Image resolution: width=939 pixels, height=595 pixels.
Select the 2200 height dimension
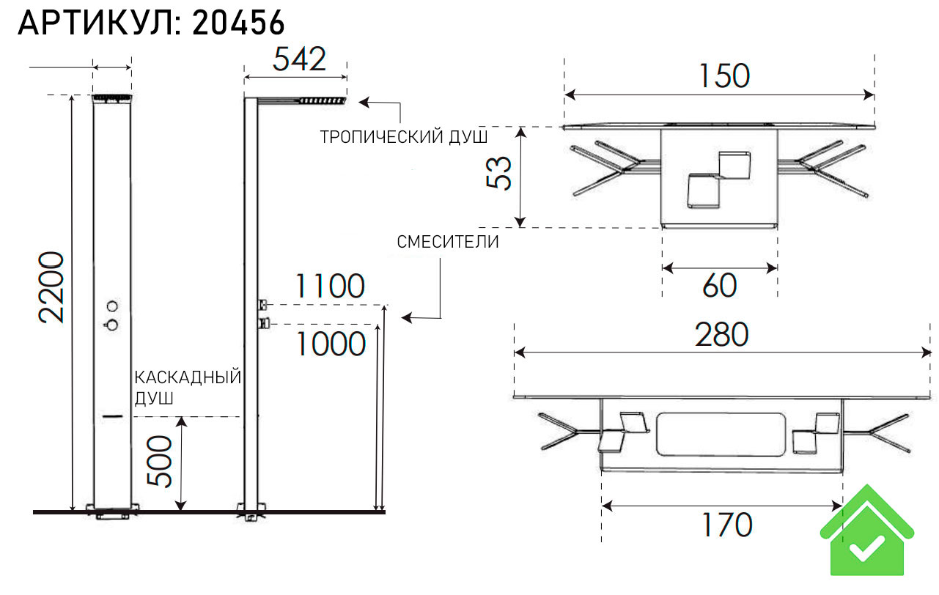tap(52, 287)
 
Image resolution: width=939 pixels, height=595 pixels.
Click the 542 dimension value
tap(299, 59)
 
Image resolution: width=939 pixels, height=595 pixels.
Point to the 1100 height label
tap(329, 287)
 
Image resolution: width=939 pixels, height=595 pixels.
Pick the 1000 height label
tap(331, 343)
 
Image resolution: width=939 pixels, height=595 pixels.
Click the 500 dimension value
tap(159, 461)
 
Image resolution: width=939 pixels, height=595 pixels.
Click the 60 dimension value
tap(719, 286)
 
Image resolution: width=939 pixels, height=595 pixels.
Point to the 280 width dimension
tap(723, 335)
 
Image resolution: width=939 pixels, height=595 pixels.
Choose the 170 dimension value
tap(724, 525)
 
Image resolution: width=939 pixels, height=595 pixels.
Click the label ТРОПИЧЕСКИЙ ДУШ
tap(403, 137)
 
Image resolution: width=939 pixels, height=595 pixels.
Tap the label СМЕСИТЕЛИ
tap(448, 243)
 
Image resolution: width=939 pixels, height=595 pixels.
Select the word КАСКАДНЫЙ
tap(188, 377)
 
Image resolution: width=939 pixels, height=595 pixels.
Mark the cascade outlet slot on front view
tap(112, 416)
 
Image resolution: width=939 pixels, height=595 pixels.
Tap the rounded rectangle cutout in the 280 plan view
tap(721, 434)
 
